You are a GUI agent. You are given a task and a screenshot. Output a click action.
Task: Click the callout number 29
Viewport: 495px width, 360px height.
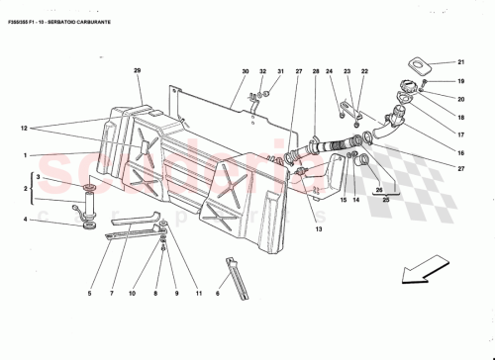point(138,70)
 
